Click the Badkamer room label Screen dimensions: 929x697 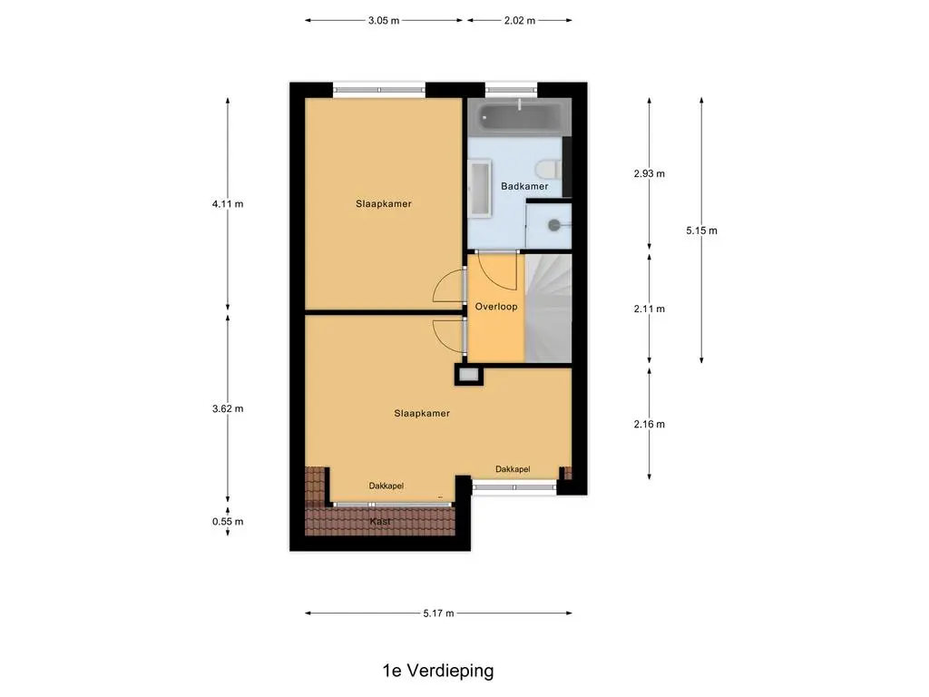(x=524, y=186)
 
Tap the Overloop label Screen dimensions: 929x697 (x=496, y=307)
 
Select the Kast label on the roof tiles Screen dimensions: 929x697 (x=380, y=522)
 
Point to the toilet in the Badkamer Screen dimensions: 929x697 (x=548, y=170)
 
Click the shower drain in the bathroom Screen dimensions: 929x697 (x=554, y=225)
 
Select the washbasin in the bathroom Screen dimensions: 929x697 (x=479, y=187)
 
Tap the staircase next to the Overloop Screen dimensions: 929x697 (x=548, y=309)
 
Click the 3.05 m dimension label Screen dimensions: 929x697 (x=384, y=20)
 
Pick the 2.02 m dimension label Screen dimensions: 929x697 (x=520, y=20)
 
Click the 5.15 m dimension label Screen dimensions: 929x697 (x=701, y=231)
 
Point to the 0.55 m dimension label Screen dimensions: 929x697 (x=228, y=522)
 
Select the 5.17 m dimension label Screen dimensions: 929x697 (x=438, y=614)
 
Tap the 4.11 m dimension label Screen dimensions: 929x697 (x=228, y=204)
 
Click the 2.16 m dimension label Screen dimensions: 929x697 (x=650, y=424)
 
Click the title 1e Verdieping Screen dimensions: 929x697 (x=438, y=671)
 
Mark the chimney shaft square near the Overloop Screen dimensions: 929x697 (x=469, y=375)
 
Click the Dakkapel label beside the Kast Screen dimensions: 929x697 (x=386, y=486)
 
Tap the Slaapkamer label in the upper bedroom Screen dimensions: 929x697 (x=384, y=203)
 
